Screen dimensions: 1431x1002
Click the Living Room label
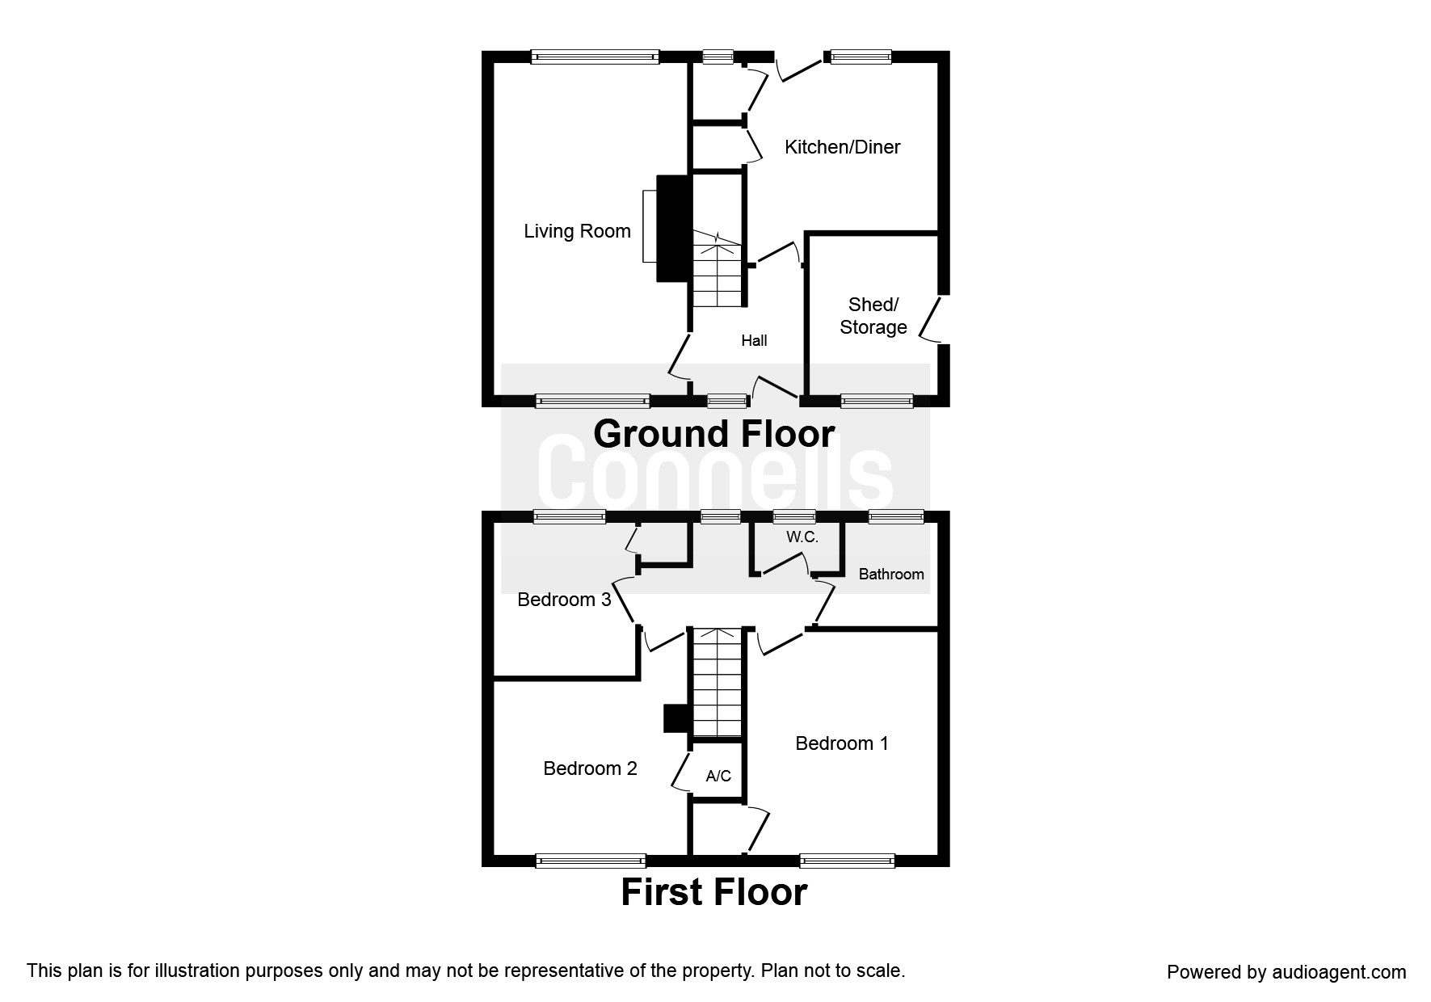[x=577, y=231]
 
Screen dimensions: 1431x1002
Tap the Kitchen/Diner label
[x=842, y=147]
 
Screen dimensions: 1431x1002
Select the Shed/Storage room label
[x=873, y=316]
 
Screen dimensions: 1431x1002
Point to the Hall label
[x=754, y=341]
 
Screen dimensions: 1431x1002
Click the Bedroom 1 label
[x=841, y=743]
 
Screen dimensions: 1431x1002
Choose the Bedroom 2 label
[x=590, y=768]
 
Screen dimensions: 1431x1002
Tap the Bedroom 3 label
[x=564, y=600]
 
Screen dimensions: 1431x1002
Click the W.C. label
[x=802, y=537]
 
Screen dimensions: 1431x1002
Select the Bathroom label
[x=891, y=575]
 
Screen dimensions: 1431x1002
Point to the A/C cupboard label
[x=718, y=777]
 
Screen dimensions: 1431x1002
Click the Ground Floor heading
[x=713, y=434]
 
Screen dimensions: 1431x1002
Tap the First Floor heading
[x=713, y=892]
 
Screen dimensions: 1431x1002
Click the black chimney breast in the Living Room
[x=673, y=229]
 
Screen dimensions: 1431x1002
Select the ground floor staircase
[x=718, y=271]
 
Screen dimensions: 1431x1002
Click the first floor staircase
[x=717, y=683]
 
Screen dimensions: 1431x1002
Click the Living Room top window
[x=595, y=57]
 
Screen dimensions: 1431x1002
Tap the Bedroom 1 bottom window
[x=847, y=861]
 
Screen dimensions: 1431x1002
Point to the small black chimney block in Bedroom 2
[x=674, y=718]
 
